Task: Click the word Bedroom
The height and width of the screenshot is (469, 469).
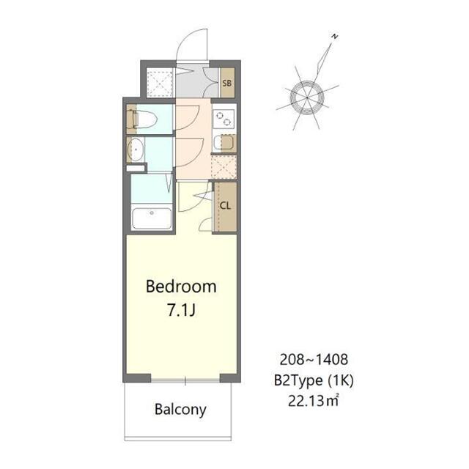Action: coord(181,287)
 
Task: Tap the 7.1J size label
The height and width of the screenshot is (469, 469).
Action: coord(181,310)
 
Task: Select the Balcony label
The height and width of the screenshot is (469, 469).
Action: coord(180,409)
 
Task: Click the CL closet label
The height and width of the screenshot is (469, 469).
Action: coord(225,205)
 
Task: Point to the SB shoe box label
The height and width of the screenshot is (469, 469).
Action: coord(227,83)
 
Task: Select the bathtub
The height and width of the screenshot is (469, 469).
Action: coord(151,219)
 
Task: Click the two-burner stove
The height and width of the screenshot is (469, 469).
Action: coord(223,117)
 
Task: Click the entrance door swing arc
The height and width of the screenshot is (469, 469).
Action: coord(192,44)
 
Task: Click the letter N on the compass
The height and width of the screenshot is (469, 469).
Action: coord(333,36)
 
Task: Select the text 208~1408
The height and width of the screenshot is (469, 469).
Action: coord(314,360)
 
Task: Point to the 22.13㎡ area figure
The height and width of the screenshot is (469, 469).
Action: coord(314,400)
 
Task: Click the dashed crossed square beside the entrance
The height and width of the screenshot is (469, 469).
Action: coord(158,83)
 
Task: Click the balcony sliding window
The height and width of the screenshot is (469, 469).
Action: coord(185,380)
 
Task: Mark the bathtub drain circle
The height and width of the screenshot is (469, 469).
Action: coord(151,213)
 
